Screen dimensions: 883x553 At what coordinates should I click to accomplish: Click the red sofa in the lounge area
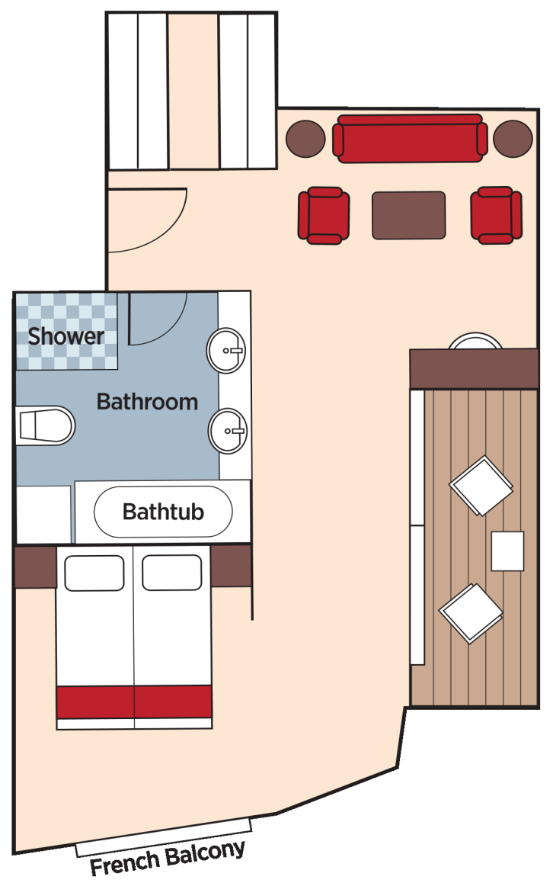pos(409,138)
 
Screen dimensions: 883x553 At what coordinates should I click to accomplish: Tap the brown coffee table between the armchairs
pos(408,215)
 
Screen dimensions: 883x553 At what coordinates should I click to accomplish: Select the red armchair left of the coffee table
pos(324,216)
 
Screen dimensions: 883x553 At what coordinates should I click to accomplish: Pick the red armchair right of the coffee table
pos(496,216)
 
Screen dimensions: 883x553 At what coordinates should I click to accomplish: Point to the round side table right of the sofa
pos(513,139)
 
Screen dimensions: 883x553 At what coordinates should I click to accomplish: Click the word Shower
pos(66,336)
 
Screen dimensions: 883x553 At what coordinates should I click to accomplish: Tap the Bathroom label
pos(147,402)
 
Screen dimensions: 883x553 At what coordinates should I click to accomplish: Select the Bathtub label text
pos(163,511)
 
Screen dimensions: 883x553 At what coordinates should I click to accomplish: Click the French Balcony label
pos(168,858)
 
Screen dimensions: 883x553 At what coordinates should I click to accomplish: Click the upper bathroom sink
pos(227,351)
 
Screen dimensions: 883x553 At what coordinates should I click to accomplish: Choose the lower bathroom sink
pos(227,431)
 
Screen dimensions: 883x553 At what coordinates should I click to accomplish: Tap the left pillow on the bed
pos(94,573)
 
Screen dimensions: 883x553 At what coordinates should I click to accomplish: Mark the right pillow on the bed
pos(171,573)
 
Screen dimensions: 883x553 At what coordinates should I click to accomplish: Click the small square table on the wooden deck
pos(507,551)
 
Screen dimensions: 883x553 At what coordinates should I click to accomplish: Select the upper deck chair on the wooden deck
pos(481,486)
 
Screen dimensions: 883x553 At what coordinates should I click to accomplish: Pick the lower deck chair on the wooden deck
pos(471,614)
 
